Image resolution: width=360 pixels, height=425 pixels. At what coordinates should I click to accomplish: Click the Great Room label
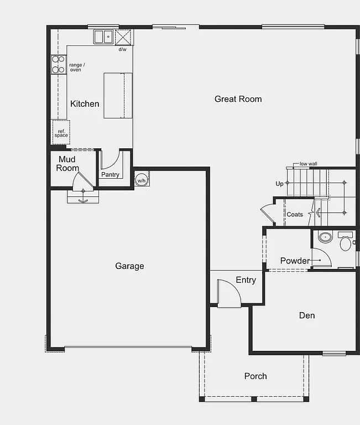point(238,99)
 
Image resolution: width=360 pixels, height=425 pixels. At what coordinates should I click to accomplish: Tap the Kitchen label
point(85,103)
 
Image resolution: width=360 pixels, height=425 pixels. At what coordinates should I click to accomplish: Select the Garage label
point(129,266)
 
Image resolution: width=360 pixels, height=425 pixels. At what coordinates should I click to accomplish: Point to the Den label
point(307,315)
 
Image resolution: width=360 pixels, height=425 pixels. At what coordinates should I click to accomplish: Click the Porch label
point(255,376)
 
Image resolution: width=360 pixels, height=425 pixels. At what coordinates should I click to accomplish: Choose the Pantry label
point(110,175)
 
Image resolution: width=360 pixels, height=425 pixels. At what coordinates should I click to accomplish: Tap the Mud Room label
point(67,164)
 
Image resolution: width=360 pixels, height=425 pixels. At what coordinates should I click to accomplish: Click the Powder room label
point(295,261)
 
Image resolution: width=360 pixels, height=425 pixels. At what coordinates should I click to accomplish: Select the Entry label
point(246,280)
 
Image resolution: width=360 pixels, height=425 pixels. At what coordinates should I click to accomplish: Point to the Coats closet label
point(295,214)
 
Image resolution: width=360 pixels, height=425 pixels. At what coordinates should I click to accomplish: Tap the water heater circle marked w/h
point(141,180)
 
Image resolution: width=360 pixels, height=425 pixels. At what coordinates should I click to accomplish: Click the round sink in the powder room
point(325,238)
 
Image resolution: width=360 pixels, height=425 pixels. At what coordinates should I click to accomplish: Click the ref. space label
point(61,133)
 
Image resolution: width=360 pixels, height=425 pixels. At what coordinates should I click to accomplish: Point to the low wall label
point(308,164)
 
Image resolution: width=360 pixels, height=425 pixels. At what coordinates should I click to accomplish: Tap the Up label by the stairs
point(279,184)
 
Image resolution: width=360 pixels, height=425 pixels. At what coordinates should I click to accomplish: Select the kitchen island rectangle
point(118,95)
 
